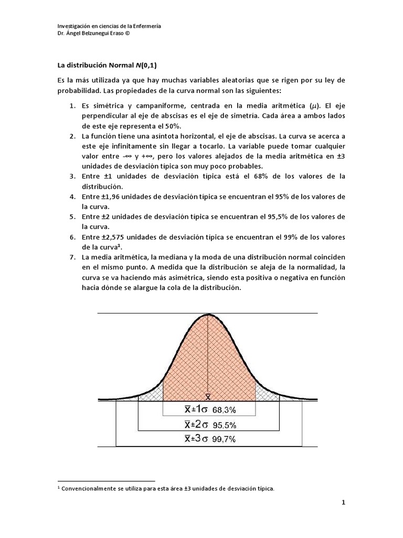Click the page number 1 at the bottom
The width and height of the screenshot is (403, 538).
(343, 502)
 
